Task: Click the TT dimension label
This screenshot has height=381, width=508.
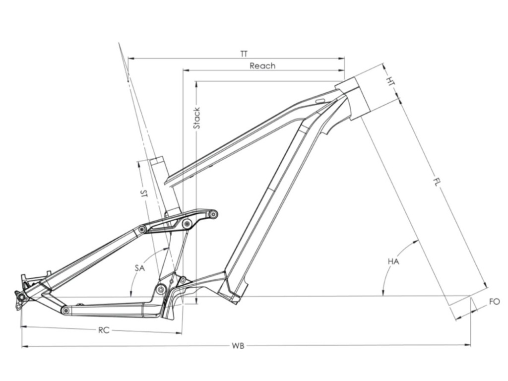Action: [x=244, y=53]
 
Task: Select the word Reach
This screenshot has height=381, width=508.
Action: [x=262, y=65]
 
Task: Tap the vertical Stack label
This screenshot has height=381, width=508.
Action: [x=196, y=118]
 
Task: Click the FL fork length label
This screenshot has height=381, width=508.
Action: [x=436, y=182]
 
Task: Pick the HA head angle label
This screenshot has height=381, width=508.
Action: [x=393, y=261]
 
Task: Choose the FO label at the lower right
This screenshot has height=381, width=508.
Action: [x=494, y=302]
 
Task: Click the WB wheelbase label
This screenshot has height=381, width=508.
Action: [x=238, y=345]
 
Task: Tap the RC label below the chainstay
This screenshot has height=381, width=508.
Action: [x=103, y=330]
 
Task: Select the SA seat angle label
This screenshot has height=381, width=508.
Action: [x=140, y=268]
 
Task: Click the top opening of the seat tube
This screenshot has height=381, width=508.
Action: [x=156, y=161]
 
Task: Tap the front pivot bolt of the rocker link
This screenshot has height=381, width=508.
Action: [x=213, y=214]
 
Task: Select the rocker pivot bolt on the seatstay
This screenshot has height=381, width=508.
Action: [x=142, y=229]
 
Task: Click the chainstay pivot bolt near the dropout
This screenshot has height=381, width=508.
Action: [x=65, y=310]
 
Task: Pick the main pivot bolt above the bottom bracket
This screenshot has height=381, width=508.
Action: [x=160, y=289]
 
